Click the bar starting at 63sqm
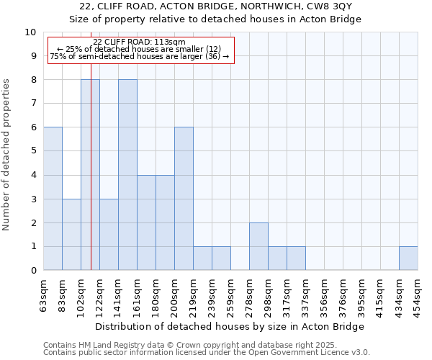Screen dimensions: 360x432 [x=53, y=199]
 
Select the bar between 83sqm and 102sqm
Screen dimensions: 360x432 [x=71, y=235]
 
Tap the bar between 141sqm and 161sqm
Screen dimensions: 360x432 [x=127, y=175]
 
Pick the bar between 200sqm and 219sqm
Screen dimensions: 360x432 [x=184, y=199]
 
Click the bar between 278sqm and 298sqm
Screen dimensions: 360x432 [x=258, y=246]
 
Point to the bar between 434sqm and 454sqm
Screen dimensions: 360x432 [x=408, y=258]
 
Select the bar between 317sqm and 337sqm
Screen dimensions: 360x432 [x=296, y=258]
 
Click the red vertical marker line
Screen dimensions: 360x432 [x=91, y=180]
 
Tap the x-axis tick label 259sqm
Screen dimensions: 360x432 [x=230, y=294]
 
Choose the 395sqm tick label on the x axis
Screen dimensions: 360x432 [x=361, y=294]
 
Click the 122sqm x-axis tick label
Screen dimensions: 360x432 [x=99, y=294]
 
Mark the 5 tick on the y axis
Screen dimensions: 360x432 [x=33, y=151]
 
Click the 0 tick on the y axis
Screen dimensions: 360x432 [x=33, y=271]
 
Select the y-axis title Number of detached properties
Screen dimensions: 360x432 [x=7, y=154]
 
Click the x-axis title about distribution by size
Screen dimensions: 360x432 [x=230, y=326]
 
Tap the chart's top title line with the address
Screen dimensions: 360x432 [x=215, y=6]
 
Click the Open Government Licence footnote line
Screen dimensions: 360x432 [x=207, y=353]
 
